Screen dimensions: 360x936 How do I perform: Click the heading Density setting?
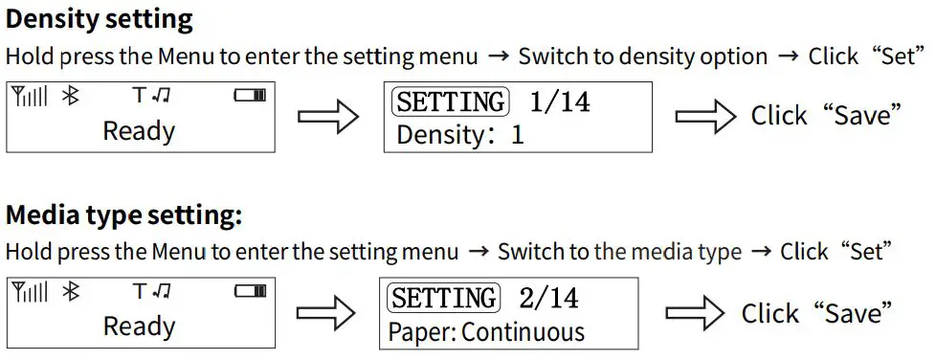[100, 19]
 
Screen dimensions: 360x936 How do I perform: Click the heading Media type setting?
[123, 215]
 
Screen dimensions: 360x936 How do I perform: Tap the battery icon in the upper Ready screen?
[250, 96]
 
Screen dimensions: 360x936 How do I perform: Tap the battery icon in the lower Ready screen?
[250, 291]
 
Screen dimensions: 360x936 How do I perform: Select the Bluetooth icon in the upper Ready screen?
[70, 96]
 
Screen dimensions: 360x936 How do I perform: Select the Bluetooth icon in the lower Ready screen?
[70, 291]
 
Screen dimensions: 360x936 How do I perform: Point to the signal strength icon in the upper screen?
[29, 96]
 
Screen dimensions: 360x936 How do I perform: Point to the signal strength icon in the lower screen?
[29, 291]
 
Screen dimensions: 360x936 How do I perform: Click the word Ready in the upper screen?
[139, 130]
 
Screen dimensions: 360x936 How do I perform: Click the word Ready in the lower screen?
[139, 326]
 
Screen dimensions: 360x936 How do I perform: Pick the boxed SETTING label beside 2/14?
[443, 299]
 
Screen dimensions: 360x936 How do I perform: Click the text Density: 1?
[459, 134]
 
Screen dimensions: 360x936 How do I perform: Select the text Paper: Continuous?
[485, 332]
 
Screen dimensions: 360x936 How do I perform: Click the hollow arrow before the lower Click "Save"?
[695, 314]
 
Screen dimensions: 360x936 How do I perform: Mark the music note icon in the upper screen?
[161, 96]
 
